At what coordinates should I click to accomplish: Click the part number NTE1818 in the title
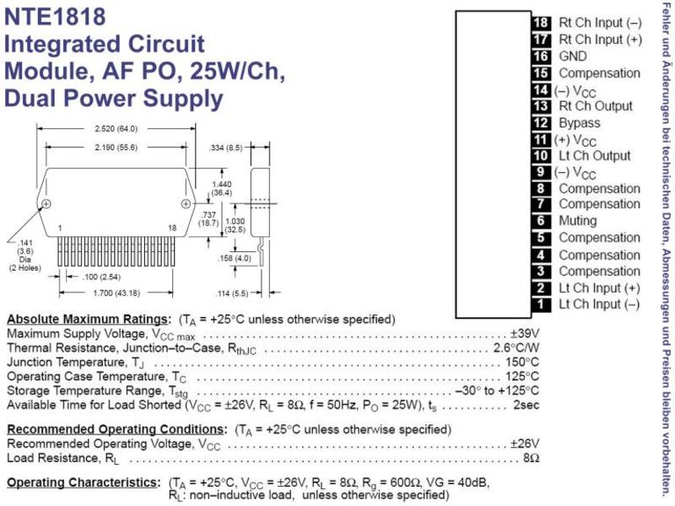[55, 17]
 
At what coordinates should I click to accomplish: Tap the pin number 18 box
[541, 23]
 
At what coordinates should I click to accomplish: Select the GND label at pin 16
[573, 56]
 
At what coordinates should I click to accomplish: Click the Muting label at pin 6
[578, 221]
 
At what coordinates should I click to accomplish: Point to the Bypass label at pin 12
[580, 123]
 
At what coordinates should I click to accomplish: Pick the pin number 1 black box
[541, 304]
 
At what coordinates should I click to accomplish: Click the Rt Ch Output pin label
[596, 106]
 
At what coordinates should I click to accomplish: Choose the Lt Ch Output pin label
[595, 156]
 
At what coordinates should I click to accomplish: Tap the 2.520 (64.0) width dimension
[116, 129]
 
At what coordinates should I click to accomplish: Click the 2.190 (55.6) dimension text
[116, 148]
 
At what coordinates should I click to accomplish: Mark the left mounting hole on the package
[46, 203]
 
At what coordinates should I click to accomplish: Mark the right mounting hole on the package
[186, 203]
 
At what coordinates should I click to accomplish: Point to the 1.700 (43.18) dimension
[116, 293]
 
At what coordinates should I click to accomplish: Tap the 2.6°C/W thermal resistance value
[516, 347]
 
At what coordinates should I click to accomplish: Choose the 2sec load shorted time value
[526, 405]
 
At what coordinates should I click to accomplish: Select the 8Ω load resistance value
[532, 458]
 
